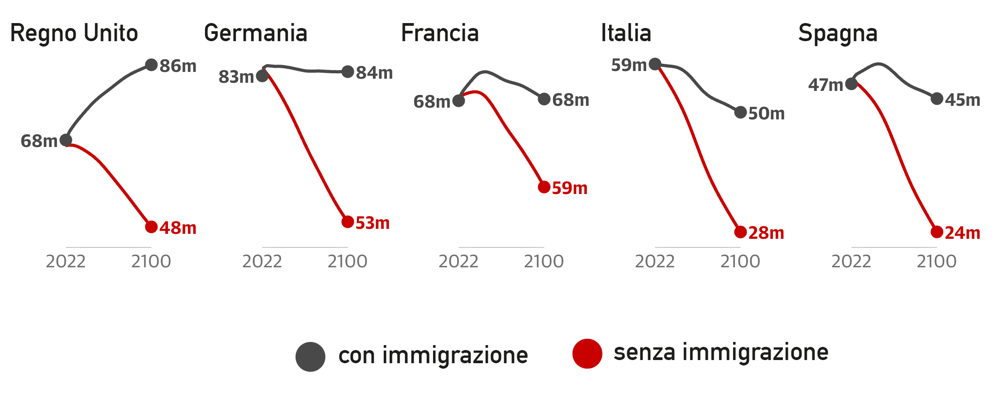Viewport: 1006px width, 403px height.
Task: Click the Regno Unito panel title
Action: click(x=74, y=33)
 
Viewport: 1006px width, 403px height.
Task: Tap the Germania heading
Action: click(x=256, y=33)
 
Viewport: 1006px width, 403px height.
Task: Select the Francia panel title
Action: click(x=440, y=33)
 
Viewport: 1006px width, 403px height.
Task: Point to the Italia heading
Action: click(x=626, y=33)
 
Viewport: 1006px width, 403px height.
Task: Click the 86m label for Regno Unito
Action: click(x=178, y=66)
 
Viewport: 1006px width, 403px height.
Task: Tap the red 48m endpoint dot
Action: click(x=151, y=227)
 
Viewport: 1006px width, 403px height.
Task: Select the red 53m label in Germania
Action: click(x=372, y=223)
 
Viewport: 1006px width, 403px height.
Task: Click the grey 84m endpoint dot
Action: click(x=348, y=71)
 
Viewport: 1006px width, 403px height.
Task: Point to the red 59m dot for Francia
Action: click(x=544, y=187)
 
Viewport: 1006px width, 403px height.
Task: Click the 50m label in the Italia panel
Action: click(x=766, y=114)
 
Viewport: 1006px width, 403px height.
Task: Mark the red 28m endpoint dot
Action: click(x=740, y=232)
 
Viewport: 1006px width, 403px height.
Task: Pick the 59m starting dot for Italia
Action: click(x=655, y=64)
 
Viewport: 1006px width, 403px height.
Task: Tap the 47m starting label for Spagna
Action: click(x=825, y=85)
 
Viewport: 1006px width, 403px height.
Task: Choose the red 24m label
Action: click(x=963, y=233)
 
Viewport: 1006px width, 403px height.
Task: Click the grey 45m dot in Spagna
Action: click(x=937, y=99)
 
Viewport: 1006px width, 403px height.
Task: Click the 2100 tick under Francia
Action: click(x=544, y=261)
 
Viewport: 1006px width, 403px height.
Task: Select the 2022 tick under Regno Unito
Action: click(x=66, y=261)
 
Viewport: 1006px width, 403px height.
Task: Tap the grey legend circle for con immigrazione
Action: click(x=310, y=356)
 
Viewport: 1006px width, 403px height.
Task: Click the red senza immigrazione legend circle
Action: click(x=587, y=354)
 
